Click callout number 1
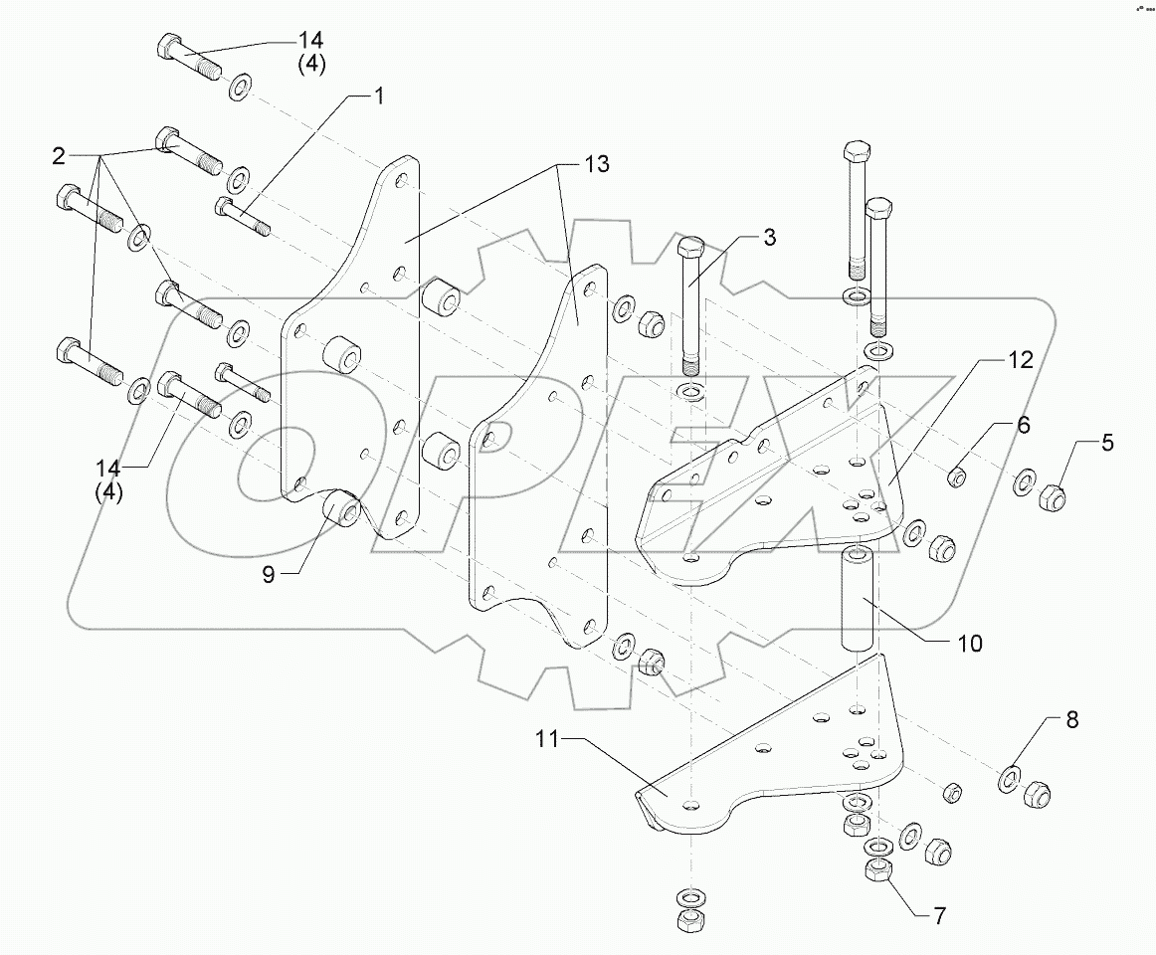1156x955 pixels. point(378,95)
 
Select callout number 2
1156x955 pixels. point(59,155)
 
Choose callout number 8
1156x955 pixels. point(1071,719)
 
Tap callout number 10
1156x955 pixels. point(970,644)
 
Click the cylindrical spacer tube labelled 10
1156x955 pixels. point(862,596)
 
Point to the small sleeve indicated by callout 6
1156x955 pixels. point(957,477)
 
